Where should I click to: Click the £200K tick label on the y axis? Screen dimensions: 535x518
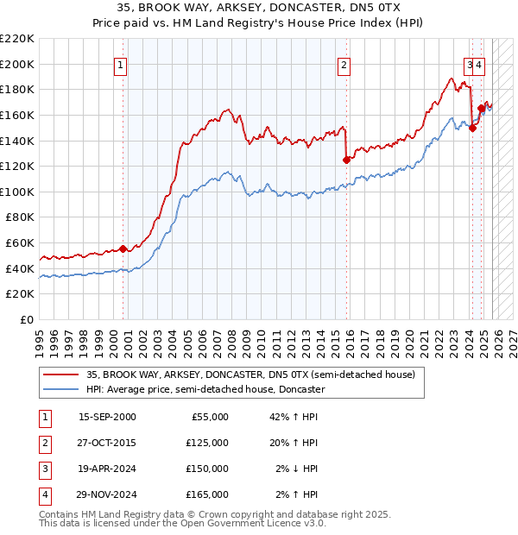(17, 64)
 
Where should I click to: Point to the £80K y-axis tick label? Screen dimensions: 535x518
(20, 217)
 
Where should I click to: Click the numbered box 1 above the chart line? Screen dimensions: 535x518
(120, 64)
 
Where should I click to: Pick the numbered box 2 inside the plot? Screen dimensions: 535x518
(344, 64)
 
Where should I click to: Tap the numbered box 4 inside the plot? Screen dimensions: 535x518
(479, 64)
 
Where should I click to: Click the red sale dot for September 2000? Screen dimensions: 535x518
(123, 249)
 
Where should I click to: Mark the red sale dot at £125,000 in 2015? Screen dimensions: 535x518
(346, 159)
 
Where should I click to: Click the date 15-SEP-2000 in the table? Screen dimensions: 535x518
(107, 417)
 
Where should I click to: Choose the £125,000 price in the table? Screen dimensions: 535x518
(207, 443)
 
